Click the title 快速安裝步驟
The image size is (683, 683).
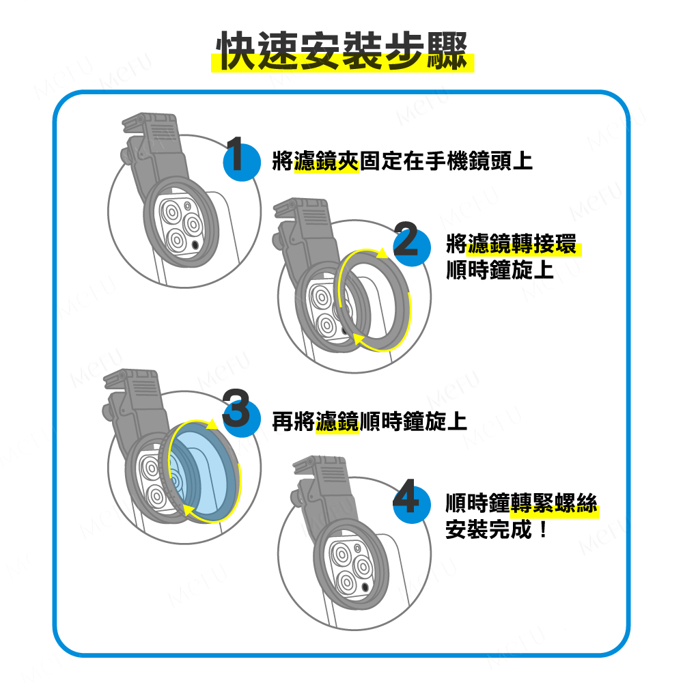pyautogui.click(x=342, y=51)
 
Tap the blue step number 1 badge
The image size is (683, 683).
pyautogui.click(x=242, y=162)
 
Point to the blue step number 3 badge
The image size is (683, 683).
pyautogui.click(x=242, y=418)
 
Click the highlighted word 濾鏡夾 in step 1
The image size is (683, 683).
pyautogui.click(x=326, y=161)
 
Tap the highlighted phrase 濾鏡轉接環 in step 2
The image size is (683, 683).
pyautogui.click(x=522, y=244)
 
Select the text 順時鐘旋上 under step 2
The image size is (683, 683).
pyautogui.click(x=500, y=270)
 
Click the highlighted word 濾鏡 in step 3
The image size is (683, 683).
pyautogui.click(x=337, y=421)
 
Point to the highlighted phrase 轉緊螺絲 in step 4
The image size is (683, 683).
pyautogui.click(x=554, y=503)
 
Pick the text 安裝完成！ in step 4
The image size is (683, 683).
pyautogui.click(x=496, y=530)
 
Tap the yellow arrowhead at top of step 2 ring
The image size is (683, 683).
pyautogui.click(x=382, y=253)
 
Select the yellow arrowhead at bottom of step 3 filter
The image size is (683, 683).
pyautogui.click(x=188, y=510)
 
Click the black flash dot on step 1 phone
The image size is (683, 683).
pyautogui.click(x=195, y=245)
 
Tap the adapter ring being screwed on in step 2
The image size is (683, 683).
pyautogui.click(x=374, y=301)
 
